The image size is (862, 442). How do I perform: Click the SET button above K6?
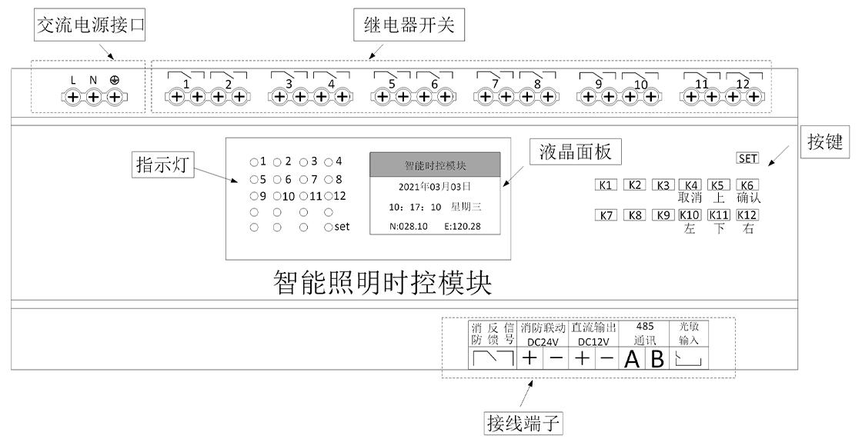pyautogui.click(x=747, y=158)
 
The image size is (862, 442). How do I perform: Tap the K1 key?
pyautogui.click(x=606, y=184)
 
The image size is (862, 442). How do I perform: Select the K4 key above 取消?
pyautogui.click(x=692, y=184)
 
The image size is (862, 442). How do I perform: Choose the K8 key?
pyautogui.click(x=635, y=215)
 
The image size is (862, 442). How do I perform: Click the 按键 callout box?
pyautogui.click(x=825, y=142)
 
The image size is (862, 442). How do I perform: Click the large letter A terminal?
pyautogui.click(x=632, y=358)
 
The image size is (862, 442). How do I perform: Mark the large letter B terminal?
pyautogui.click(x=657, y=358)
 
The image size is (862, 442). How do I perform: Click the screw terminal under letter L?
pyautogui.click(x=72, y=97)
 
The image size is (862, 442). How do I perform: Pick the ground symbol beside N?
pyautogui.click(x=115, y=80)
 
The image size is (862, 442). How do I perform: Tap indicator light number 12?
pyautogui.click(x=329, y=195)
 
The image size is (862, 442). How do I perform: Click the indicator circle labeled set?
pyautogui.click(x=329, y=227)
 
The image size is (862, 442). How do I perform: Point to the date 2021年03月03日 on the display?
pyautogui.click(x=436, y=186)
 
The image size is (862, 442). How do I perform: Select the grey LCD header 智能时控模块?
pyautogui.click(x=436, y=165)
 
